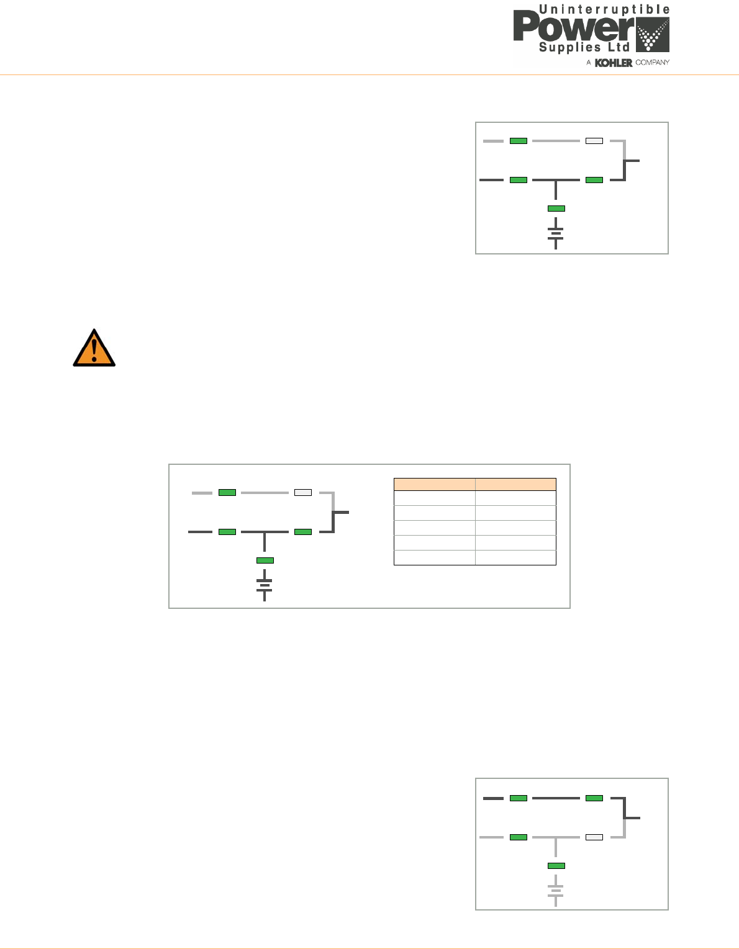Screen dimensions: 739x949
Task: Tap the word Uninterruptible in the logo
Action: [604, 9]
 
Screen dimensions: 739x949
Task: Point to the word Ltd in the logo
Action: [620, 48]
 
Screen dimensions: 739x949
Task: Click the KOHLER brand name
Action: [614, 63]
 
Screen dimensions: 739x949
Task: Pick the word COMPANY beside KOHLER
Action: [652, 63]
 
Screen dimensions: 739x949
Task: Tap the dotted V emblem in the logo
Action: [652, 35]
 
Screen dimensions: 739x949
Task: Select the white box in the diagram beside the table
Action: [303, 492]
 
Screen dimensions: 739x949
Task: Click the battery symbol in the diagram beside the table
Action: [265, 585]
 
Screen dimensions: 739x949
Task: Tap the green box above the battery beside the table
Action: [265, 560]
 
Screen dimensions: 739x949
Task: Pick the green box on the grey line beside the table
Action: [227, 492]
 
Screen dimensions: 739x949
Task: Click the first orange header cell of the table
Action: [435, 484]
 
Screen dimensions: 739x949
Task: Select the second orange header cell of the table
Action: [515, 484]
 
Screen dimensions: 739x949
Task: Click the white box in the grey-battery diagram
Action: [594, 837]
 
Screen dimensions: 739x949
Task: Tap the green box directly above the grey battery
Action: [556, 866]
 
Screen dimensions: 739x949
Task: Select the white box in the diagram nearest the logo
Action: [594, 141]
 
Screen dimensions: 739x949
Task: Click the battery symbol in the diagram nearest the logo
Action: [556, 234]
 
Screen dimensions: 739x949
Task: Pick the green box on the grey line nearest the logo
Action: [519, 141]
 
